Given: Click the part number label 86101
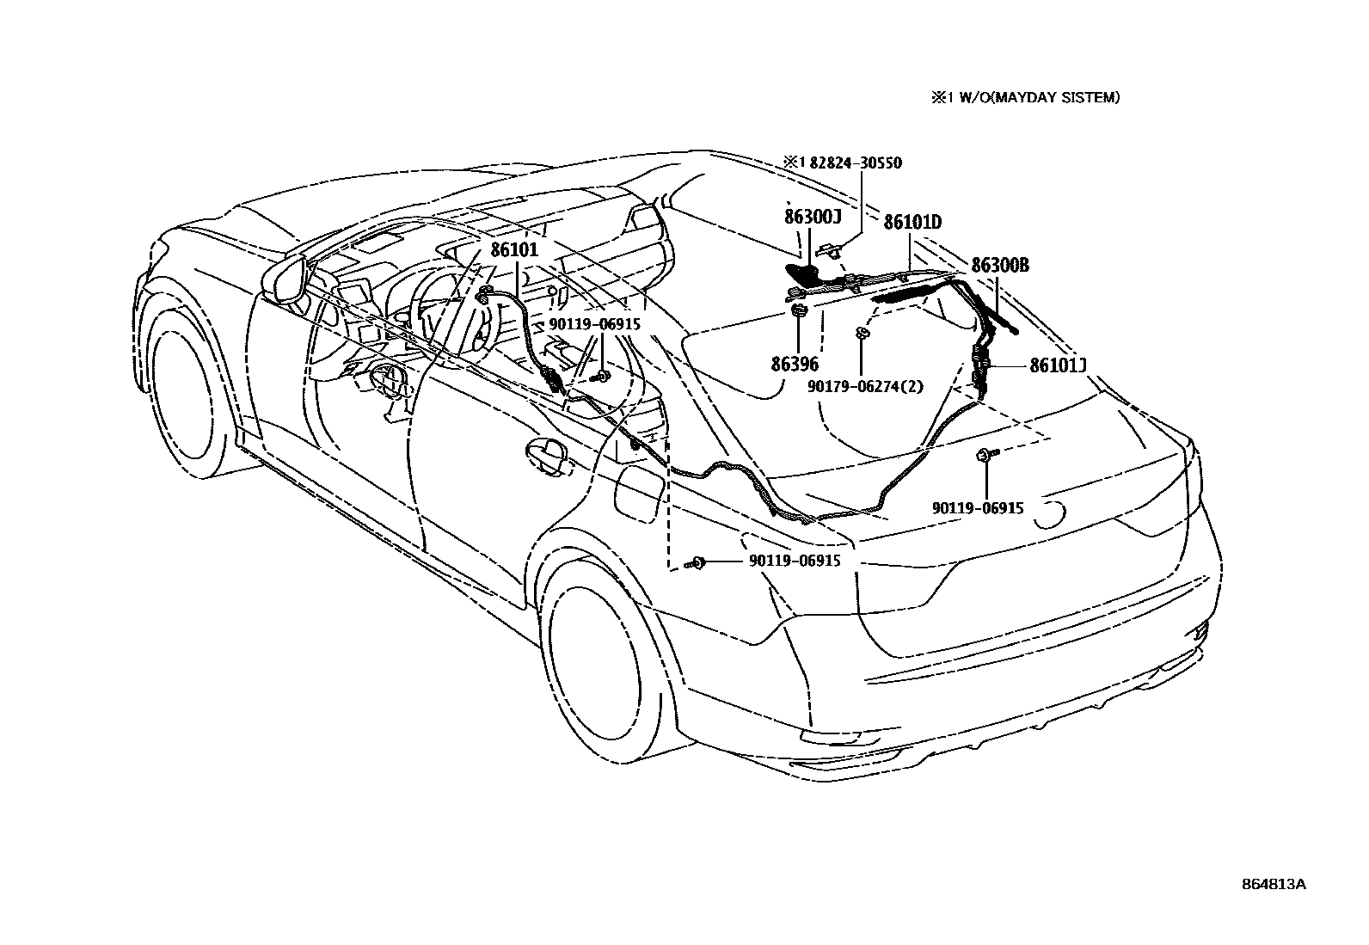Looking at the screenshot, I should (x=514, y=251).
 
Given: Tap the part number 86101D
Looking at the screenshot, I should (x=912, y=223).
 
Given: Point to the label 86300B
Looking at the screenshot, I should (x=999, y=265).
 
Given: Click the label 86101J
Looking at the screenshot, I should (x=1059, y=365).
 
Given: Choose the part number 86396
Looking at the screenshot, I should (x=795, y=364).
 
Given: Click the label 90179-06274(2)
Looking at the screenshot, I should (x=865, y=386).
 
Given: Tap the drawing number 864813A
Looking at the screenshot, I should (x=1273, y=885).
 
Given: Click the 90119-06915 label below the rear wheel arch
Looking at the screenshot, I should (x=794, y=561).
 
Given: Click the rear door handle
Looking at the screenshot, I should (x=545, y=453).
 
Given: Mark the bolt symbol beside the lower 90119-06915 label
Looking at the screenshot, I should (x=697, y=562).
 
